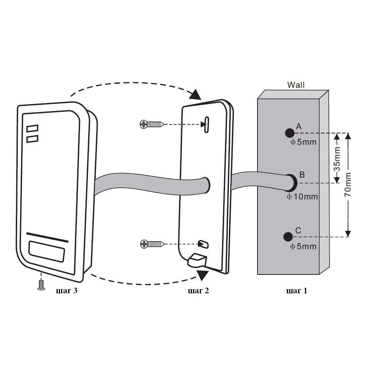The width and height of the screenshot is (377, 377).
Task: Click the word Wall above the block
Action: pyautogui.click(x=296, y=85)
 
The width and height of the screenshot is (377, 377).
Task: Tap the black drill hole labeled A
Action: pyautogui.click(x=290, y=133)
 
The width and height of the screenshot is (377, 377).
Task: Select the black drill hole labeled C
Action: pyautogui.click(x=288, y=236)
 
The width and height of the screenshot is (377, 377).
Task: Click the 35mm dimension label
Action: pyautogui.click(x=338, y=158)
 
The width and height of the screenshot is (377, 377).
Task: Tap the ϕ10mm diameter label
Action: pyautogui.click(x=302, y=197)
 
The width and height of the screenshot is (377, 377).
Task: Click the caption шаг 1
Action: pyautogui.click(x=297, y=291)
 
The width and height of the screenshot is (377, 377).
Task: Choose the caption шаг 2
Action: pyautogui.click(x=198, y=291)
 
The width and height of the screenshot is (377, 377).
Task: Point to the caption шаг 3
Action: pyautogui.click(x=66, y=291)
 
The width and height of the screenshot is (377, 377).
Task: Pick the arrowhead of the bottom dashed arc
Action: pyautogui.click(x=201, y=275)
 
